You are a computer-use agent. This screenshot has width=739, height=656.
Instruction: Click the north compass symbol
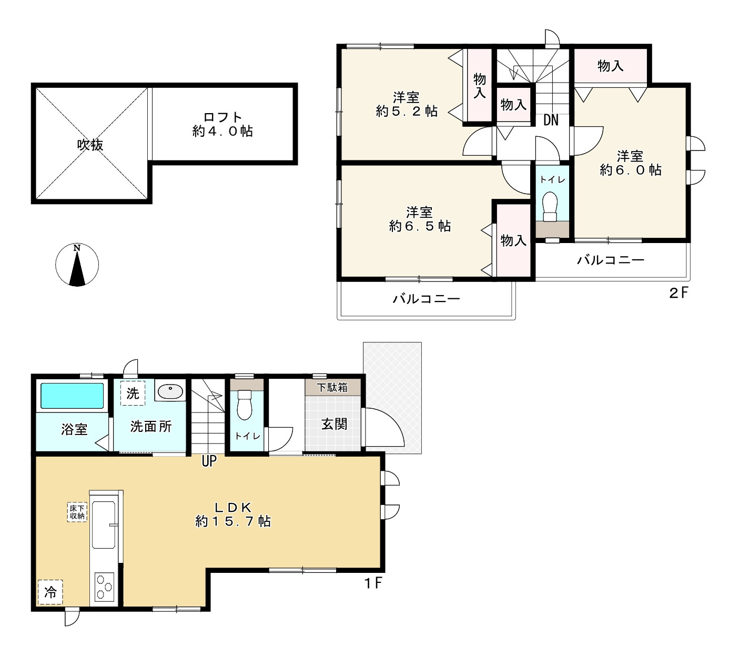[77, 265]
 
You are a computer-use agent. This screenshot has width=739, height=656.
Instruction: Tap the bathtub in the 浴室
[72, 396]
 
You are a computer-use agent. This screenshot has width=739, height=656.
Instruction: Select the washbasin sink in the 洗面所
[170, 391]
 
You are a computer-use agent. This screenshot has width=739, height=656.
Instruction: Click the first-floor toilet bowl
[245, 405]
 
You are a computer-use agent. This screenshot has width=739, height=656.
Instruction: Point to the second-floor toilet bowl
[550, 206]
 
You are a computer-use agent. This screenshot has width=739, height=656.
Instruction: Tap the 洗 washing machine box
[133, 393]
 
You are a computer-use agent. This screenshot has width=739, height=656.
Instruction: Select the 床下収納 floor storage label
[77, 512]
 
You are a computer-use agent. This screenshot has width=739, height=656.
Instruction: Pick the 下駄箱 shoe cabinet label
[332, 387]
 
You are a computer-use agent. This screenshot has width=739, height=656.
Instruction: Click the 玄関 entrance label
[334, 424]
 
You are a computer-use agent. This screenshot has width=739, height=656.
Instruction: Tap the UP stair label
[209, 461]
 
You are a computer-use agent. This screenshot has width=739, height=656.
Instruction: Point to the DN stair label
[551, 119]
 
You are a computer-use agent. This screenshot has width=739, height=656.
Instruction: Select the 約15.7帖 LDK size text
[232, 521]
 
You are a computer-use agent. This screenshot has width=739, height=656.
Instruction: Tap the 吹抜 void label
[90, 145]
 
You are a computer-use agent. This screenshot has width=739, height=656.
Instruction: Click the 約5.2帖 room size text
[407, 111]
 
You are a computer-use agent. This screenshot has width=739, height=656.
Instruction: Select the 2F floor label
[678, 293]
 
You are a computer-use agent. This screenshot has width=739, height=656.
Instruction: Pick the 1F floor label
[373, 583]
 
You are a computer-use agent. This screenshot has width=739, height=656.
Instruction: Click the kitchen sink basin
[104, 525]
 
